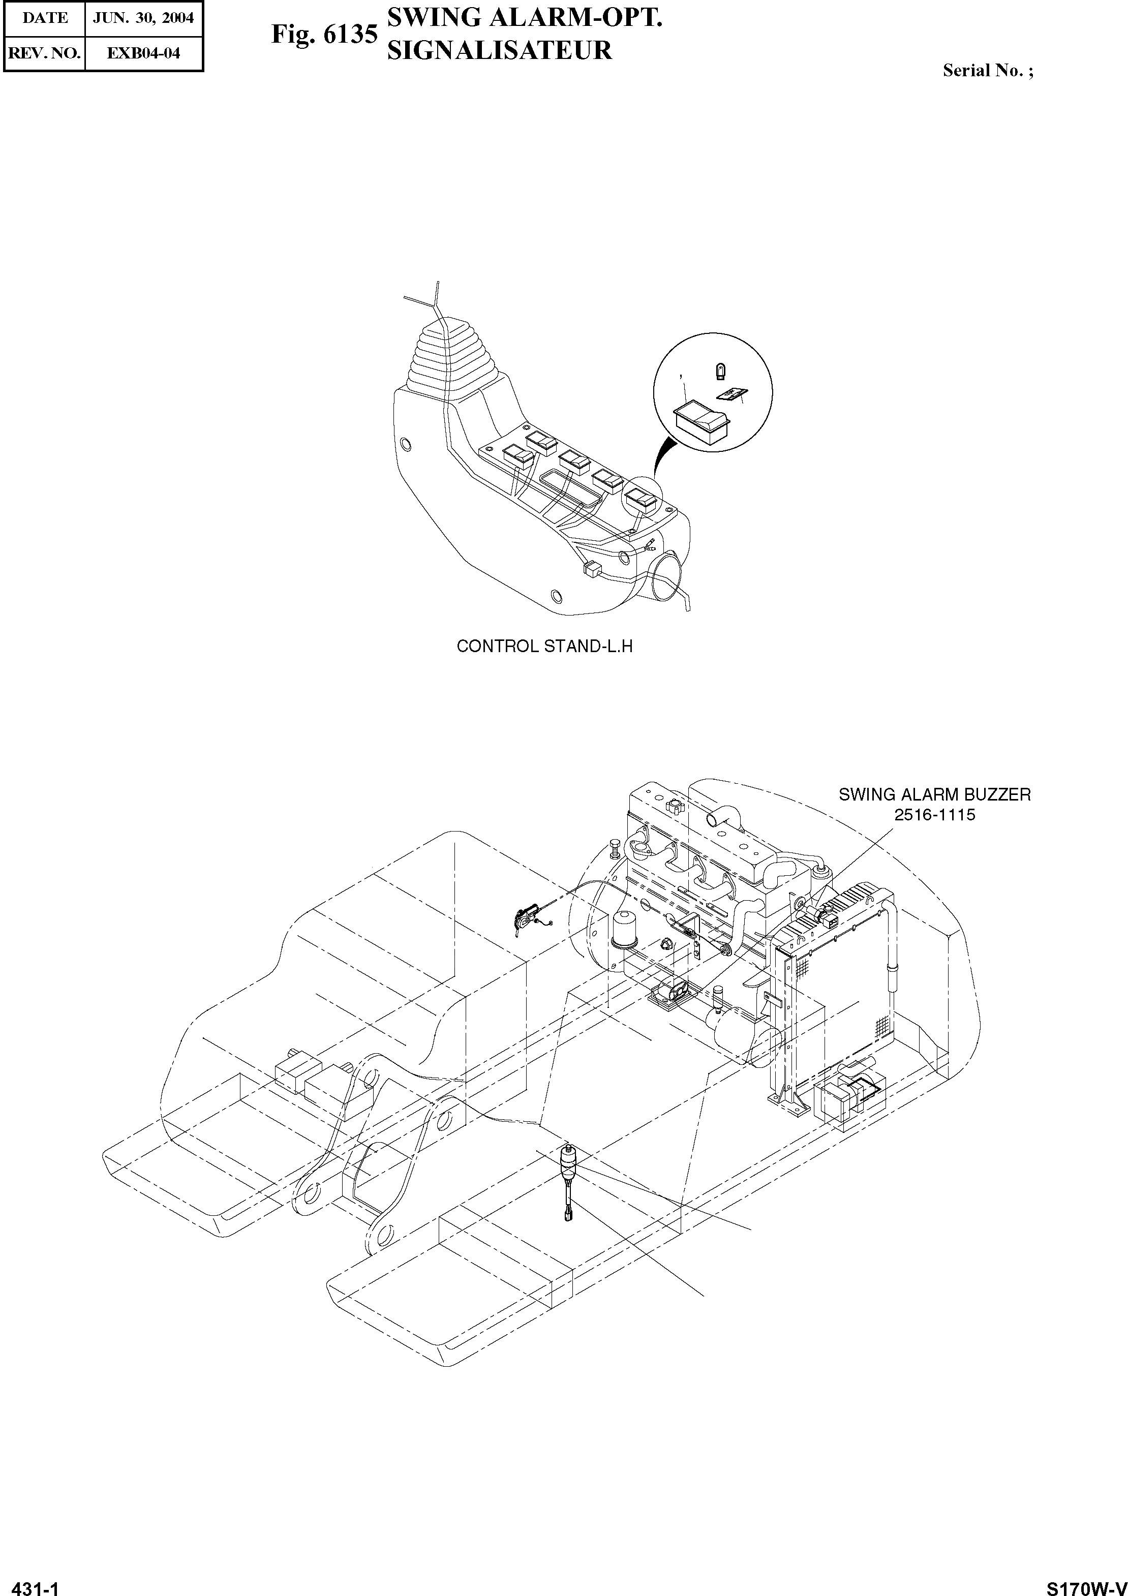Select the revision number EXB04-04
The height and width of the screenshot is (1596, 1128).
coord(143,53)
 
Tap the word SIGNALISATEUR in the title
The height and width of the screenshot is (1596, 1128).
coord(499,51)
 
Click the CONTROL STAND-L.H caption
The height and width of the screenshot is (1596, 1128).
coord(544,646)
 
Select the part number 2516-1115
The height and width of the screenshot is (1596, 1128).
coord(934,815)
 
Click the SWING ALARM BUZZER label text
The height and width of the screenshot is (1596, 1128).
coord(934,794)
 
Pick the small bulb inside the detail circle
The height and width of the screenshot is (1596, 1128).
coord(720,372)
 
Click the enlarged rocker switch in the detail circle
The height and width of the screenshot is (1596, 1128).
coord(700,420)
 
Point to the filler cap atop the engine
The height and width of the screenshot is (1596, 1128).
coord(672,808)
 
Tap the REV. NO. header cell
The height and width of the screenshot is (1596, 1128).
coord(44,53)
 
